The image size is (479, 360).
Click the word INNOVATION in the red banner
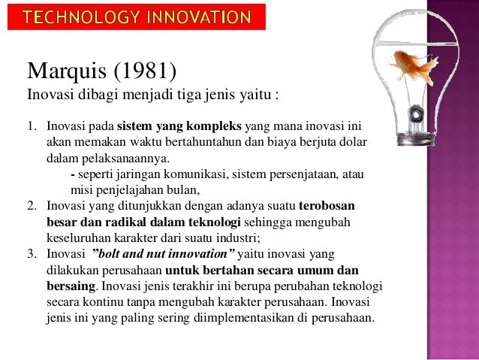(199, 16)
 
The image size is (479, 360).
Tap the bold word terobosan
(327, 205)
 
